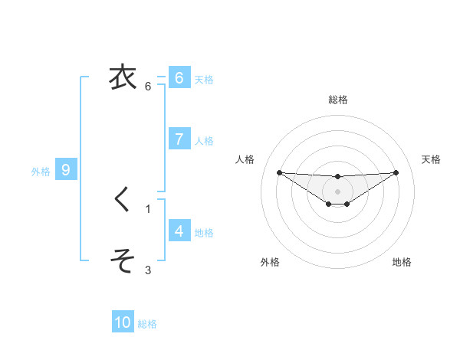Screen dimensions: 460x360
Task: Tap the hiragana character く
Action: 121,199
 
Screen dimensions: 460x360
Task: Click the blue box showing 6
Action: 179,77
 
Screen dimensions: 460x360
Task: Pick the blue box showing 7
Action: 179,139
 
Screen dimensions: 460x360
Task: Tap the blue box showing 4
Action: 179,231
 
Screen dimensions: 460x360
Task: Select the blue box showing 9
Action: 66,170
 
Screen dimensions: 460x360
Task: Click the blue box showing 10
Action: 123,322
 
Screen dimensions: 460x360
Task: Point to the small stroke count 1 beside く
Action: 148,208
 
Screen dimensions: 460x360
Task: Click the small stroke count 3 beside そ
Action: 148,270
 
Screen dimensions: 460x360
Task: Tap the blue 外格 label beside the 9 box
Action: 41,172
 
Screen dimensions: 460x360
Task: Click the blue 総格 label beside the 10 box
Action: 147,324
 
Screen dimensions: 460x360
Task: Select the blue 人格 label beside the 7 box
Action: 204,141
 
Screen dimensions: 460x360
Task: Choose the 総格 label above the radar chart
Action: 338,100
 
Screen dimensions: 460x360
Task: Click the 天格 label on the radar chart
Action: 432,159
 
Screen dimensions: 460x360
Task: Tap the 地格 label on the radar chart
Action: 402,262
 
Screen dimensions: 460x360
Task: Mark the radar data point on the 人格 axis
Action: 279,172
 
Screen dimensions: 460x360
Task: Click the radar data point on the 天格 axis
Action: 396,172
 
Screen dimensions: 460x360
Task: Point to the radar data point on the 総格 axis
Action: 337,177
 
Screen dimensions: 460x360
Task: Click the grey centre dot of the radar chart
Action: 337,191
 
